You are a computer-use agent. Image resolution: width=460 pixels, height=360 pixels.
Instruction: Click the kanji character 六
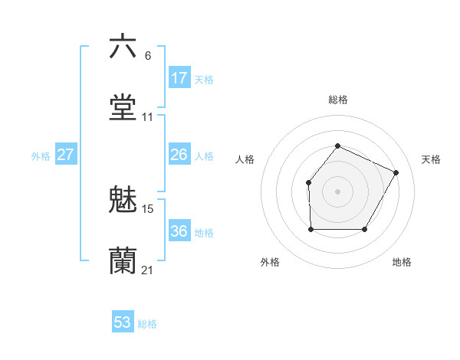point(123,47)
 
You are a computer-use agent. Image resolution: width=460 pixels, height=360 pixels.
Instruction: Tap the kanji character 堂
point(123,107)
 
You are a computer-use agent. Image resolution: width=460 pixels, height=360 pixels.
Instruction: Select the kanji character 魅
point(123,200)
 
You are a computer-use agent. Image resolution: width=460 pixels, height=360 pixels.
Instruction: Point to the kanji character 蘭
point(123,260)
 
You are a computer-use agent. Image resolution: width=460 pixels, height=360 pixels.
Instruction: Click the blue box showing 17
point(179,78)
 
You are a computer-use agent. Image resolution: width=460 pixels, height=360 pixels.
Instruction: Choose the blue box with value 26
point(179,155)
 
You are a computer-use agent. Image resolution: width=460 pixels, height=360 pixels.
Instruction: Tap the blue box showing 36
point(179,231)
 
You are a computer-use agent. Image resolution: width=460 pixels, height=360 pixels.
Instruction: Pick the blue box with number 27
point(66,155)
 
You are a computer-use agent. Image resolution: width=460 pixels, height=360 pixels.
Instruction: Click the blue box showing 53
point(123,322)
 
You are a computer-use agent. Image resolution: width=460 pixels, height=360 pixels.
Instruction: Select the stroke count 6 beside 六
point(148,56)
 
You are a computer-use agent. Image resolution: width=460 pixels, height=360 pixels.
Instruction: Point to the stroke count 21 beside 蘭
point(147,270)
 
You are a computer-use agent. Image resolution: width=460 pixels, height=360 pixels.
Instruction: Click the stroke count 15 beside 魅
point(148,208)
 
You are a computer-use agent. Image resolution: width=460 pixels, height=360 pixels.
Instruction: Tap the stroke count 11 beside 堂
point(148,117)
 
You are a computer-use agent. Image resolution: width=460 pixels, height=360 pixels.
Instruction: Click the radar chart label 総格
point(337,100)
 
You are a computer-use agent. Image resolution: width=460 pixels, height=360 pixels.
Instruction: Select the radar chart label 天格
point(431,159)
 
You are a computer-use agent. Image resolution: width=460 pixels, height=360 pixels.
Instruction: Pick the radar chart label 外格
point(270,263)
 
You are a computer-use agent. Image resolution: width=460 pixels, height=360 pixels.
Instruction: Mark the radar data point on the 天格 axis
point(396,172)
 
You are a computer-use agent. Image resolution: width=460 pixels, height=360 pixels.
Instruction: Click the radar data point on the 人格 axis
point(308,182)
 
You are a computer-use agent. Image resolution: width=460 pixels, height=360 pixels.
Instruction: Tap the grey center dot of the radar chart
point(337,191)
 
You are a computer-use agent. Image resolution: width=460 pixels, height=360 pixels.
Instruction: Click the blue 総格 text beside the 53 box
point(147,324)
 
